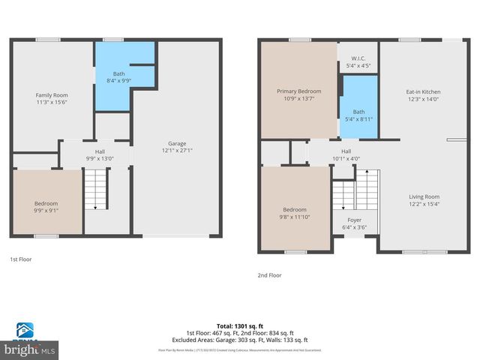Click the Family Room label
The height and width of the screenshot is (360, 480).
pos(52,95)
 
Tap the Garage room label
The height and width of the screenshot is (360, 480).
pos(176,143)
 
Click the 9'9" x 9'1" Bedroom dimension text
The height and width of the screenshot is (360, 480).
pos(46,210)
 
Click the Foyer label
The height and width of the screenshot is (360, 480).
pos(354,220)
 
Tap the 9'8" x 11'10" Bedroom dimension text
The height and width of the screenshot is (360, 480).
pos(294,217)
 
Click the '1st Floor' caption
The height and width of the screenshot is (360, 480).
pos(21,259)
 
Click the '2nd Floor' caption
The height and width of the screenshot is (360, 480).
pos(269,275)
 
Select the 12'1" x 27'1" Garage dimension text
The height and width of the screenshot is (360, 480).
pos(176,150)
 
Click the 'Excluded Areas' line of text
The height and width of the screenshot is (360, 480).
pos(240,339)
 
